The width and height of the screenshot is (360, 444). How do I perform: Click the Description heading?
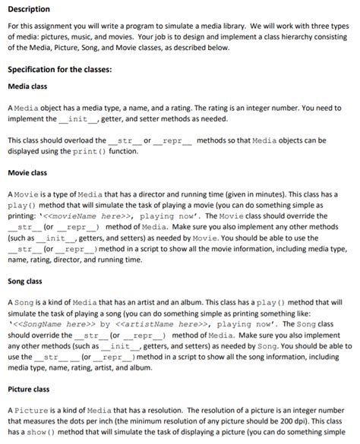29,9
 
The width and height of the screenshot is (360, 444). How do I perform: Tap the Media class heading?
28,86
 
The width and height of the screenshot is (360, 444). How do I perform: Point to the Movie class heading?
27,173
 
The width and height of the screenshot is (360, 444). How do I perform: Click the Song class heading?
25,282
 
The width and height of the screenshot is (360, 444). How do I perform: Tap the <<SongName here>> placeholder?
52,322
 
